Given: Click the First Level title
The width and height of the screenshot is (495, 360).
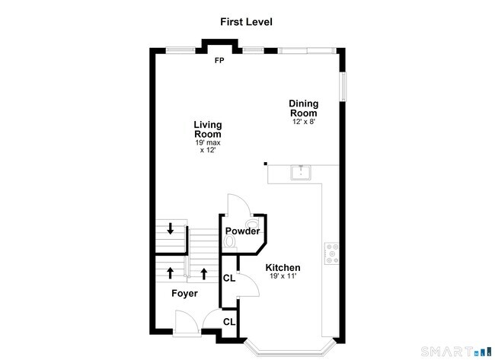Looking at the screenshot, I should coord(247,22).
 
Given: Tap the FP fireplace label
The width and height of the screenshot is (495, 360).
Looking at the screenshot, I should coord(219,60).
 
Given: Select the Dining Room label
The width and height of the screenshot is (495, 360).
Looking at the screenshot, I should coord(303,108).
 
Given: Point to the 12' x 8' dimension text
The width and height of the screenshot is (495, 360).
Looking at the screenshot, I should coord(303,122).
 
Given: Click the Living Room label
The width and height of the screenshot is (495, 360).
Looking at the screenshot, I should coord(207,129).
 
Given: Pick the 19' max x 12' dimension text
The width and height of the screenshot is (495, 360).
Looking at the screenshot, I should coord(207,146).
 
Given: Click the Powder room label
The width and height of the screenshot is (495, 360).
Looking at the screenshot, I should coord(243,231).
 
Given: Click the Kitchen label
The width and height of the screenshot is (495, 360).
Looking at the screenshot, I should coord(283,268).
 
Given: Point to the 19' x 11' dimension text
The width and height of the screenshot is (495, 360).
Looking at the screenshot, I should coord(283,278).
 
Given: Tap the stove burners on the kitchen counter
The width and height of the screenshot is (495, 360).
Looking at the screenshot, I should coord(332,253).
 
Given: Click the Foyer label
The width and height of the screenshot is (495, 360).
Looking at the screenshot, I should coord(184,293).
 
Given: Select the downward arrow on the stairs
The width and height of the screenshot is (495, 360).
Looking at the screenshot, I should coord(171,228).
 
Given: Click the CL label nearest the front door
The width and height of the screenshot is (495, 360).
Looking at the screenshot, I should coord(229,322).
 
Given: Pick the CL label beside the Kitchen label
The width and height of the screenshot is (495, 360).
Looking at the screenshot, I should coord(228,278).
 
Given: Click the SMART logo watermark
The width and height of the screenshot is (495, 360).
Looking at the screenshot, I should coord(456,352).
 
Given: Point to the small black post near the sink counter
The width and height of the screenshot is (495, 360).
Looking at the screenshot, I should coord(265,163).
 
